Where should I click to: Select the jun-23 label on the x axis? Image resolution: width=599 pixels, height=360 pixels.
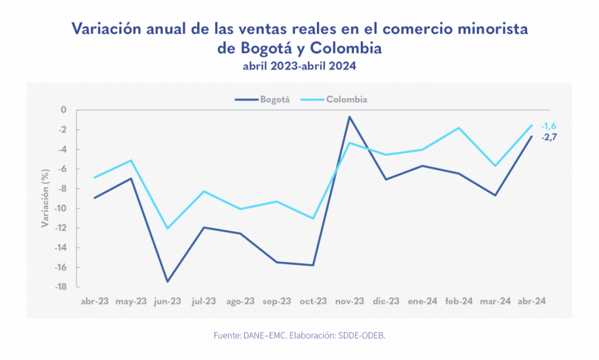(167, 301)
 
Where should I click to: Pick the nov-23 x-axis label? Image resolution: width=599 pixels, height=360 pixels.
(349, 301)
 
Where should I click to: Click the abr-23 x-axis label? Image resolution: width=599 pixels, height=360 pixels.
(95, 301)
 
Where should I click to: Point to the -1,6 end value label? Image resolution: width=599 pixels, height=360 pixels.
(548, 126)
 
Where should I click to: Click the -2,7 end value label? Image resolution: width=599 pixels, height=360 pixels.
(548, 137)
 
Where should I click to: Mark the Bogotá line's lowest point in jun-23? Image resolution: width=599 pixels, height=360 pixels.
(167, 282)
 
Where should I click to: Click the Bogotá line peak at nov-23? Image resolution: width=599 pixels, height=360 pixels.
(349, 116)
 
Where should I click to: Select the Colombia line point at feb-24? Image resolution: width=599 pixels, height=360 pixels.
(459, 128)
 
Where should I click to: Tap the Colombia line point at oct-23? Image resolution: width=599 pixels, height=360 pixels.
(313, 218)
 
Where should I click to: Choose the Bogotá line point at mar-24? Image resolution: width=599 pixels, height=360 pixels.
(495, 195)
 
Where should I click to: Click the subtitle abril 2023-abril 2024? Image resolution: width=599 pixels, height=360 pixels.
(299, 66)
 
